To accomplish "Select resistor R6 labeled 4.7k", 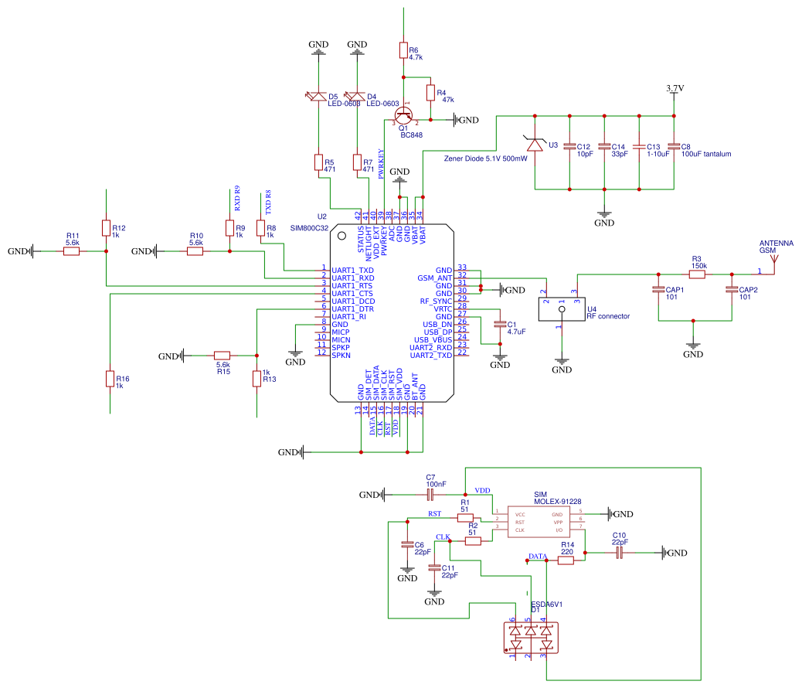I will tap(403, 51).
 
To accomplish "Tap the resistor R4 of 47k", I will tap(430, 93).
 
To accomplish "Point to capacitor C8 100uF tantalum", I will tap(674, 146).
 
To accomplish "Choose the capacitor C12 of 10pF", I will tap(569, 146).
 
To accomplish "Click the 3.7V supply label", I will tap(675, 89).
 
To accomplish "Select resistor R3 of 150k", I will tap(697, 274).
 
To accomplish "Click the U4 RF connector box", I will tap(562, 309).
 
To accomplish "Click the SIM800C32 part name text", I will tap(308, 229).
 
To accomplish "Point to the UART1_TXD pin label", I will tap(352, 270).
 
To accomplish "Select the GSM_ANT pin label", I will tap(434, 278).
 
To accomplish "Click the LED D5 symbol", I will tap(318, 97).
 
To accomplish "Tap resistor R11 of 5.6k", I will tap(72, 250).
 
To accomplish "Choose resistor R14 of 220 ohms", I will tap(566, 561).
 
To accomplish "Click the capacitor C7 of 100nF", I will tap(431, 494).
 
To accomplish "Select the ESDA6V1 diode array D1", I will tap(530, 638).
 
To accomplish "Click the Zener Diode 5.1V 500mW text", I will tap(486, 158).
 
